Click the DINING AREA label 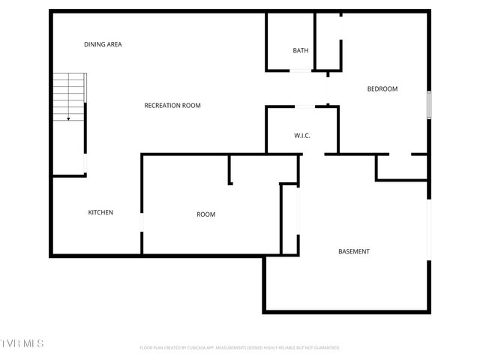click(103, 44)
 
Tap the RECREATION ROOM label click(172, 106)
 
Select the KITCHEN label click(100, 212)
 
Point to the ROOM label click(205, 214)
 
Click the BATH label click(300, 51)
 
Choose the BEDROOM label click(382, 89)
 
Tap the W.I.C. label click(302, 136)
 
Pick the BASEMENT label click(353, 251)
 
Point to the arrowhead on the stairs click(68, 118)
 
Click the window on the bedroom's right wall click(429, 104)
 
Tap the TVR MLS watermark click(22, 343)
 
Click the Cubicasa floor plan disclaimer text click(240, 348)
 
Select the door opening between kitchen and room click(142, 223)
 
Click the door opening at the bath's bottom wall click(300, 70)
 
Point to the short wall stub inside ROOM click(230, 169)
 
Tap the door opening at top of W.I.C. click(305, 106)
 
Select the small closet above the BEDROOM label click(328, 41)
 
